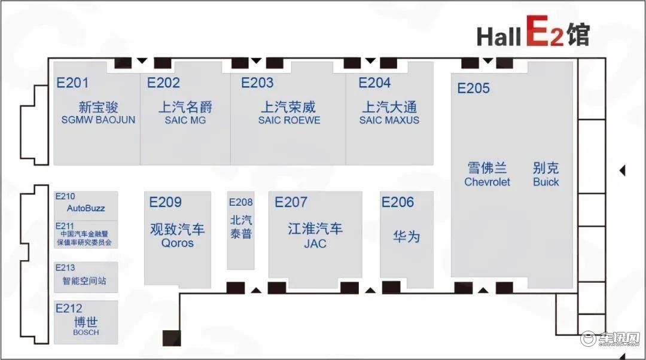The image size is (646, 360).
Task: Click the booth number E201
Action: (72, 83)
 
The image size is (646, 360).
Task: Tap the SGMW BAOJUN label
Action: (98, 120)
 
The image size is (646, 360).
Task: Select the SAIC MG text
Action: (185, 120)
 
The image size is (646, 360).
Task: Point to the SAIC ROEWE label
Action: (290, 120)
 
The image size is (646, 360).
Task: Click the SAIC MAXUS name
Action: (389, 120)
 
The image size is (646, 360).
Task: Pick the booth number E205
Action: (473, 88)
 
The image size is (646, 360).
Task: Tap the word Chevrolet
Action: (487, 182)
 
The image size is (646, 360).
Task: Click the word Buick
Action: (546, 182)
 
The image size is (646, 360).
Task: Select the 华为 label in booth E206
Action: (406, 236)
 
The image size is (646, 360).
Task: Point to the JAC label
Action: (315, 244)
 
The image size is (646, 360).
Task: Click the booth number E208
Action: (240, 202)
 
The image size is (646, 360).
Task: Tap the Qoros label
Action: (177, 243)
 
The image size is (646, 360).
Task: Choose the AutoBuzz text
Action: (86, 209)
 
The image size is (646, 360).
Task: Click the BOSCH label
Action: (86, 332)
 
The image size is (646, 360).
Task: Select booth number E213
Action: (65, 268)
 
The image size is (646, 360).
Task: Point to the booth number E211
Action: (65, 226)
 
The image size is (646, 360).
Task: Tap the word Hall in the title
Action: (498, 36)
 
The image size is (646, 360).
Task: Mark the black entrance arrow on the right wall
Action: (623, 170)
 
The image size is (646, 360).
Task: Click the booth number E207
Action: (291, 202)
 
